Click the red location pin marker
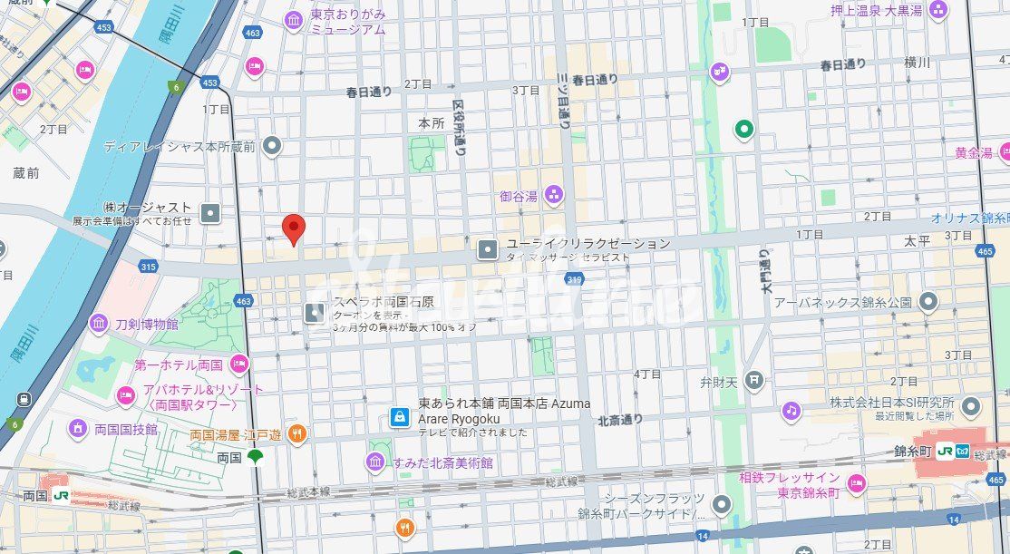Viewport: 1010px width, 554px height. tap(292, 228)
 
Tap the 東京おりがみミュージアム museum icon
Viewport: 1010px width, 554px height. tap(293, 20)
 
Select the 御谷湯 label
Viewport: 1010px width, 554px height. tap(519, 195)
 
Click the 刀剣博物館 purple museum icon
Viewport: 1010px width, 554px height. tap(99, 324)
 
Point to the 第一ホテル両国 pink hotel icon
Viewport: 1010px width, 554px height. tap(238, 364)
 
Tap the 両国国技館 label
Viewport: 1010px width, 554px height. tap(125, 429)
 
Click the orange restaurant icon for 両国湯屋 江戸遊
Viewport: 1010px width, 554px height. tap(296, 434)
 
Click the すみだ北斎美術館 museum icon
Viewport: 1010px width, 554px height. tap(375, 462)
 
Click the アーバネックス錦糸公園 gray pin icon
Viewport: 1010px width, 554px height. tap(927, 301)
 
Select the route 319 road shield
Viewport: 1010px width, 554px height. tap(573, 280)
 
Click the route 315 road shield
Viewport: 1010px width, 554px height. tap(148, 267)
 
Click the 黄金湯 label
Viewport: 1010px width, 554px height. tap(973, 153)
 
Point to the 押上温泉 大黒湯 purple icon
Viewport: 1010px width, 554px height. tap(938, 11)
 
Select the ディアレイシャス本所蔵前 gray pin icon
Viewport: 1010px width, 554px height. tap(270, 146)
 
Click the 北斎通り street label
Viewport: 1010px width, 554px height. tap(620, 419)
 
